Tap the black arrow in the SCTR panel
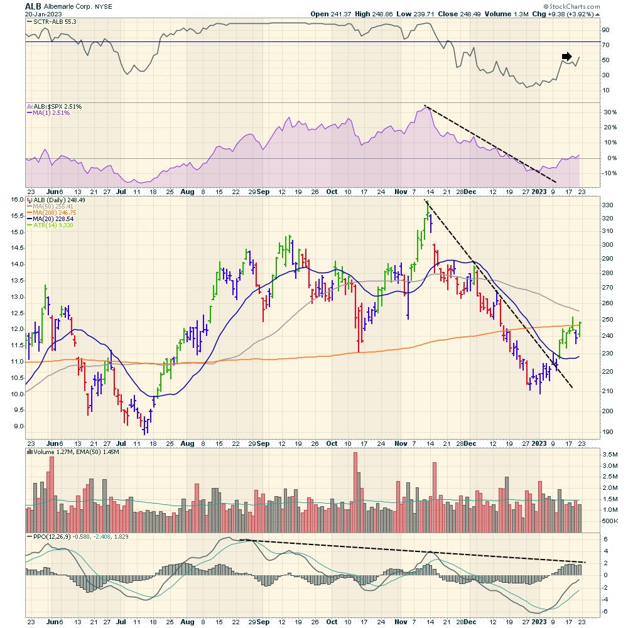click(x=566, y=55)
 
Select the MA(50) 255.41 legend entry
click(x=57, y=205)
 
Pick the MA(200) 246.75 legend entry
click(x=58, y=212)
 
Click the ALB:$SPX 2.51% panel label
click(x=57, y=106)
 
